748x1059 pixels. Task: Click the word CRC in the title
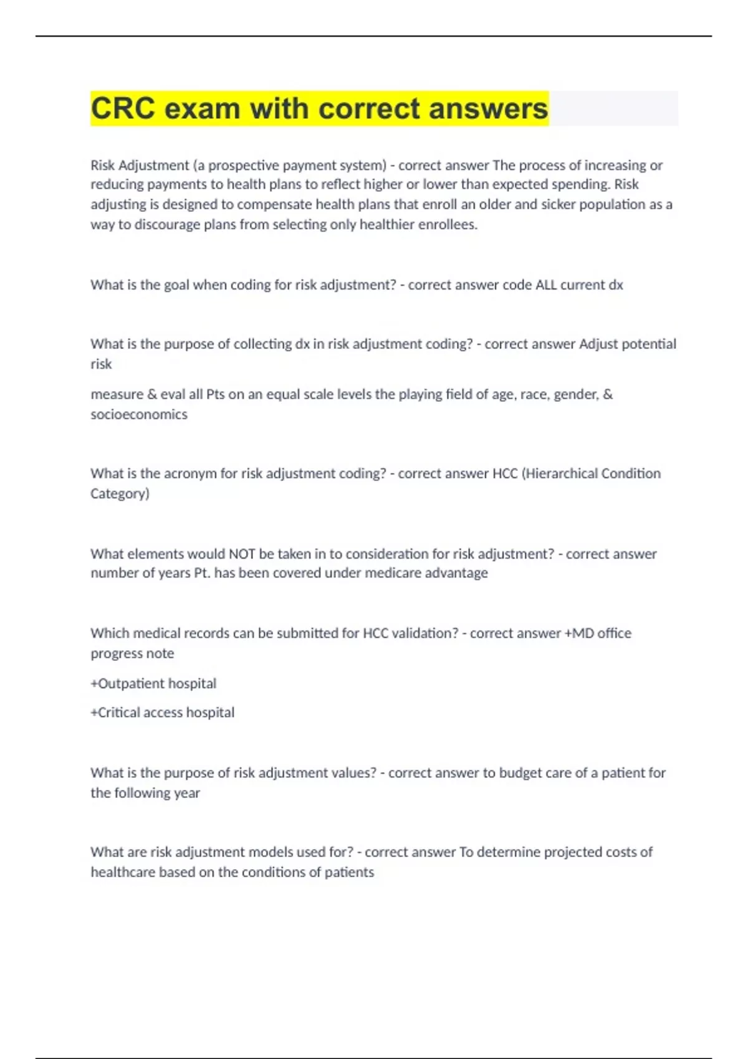123,108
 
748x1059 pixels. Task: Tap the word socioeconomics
139,414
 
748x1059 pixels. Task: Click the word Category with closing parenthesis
120,493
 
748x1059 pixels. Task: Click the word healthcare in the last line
123,872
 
